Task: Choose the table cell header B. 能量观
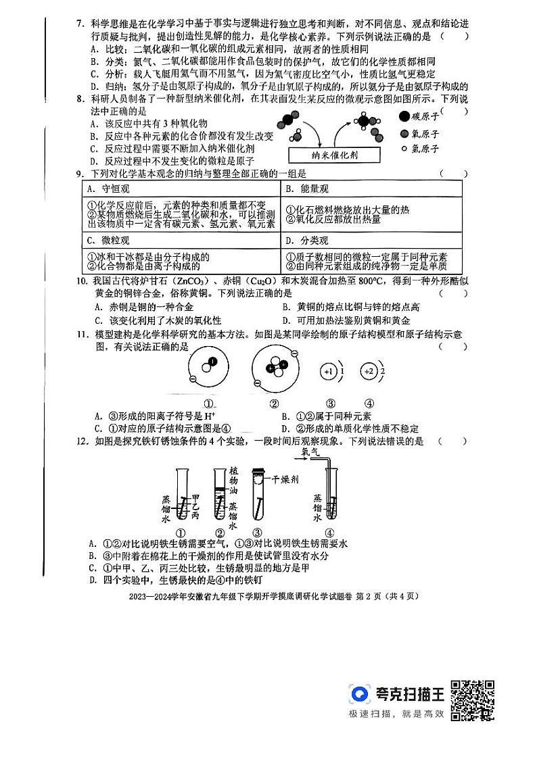pyautogui.click(x=306, y=189)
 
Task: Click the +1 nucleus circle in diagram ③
pyautogui.click(x=330, y=372)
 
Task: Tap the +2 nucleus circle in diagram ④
pyautogui.click(x=369, y=372)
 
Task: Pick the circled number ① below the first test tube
pyautogui.click(x=181, y=531)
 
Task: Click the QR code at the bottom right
pyautogui.click(x=472, y=700)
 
